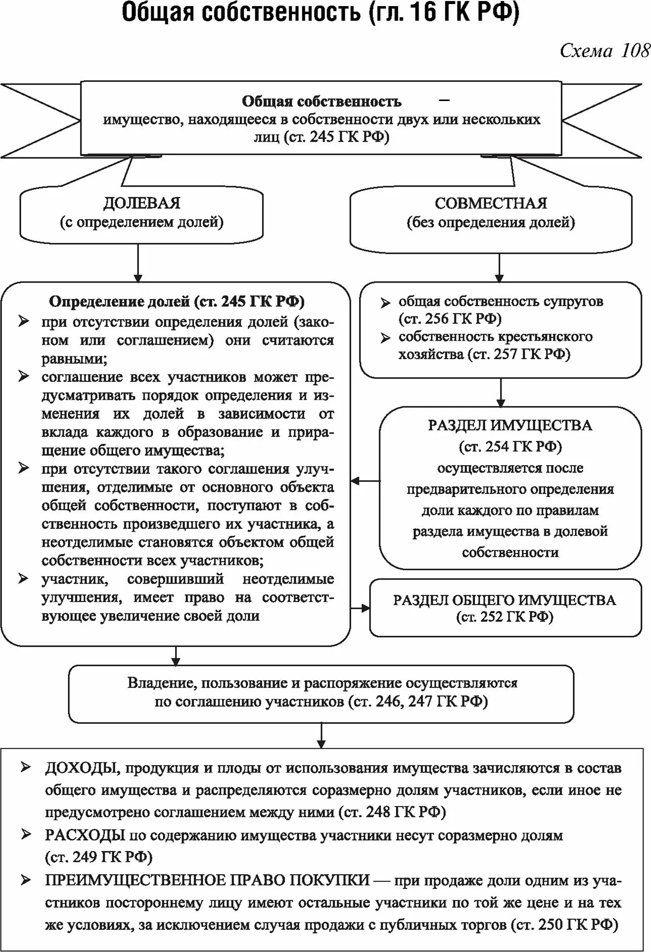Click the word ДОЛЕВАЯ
(142, 203)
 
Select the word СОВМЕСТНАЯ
(491, 203)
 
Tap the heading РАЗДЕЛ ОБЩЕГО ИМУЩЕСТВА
(504, 600)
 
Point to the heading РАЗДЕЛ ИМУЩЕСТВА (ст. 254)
(510, 425)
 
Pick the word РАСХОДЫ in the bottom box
(85, 835)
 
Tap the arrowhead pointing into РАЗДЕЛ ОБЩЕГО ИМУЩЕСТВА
(365, 608)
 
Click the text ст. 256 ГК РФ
(450, 319)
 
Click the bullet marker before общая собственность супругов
(386, 303)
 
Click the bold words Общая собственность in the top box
(321, 102)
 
